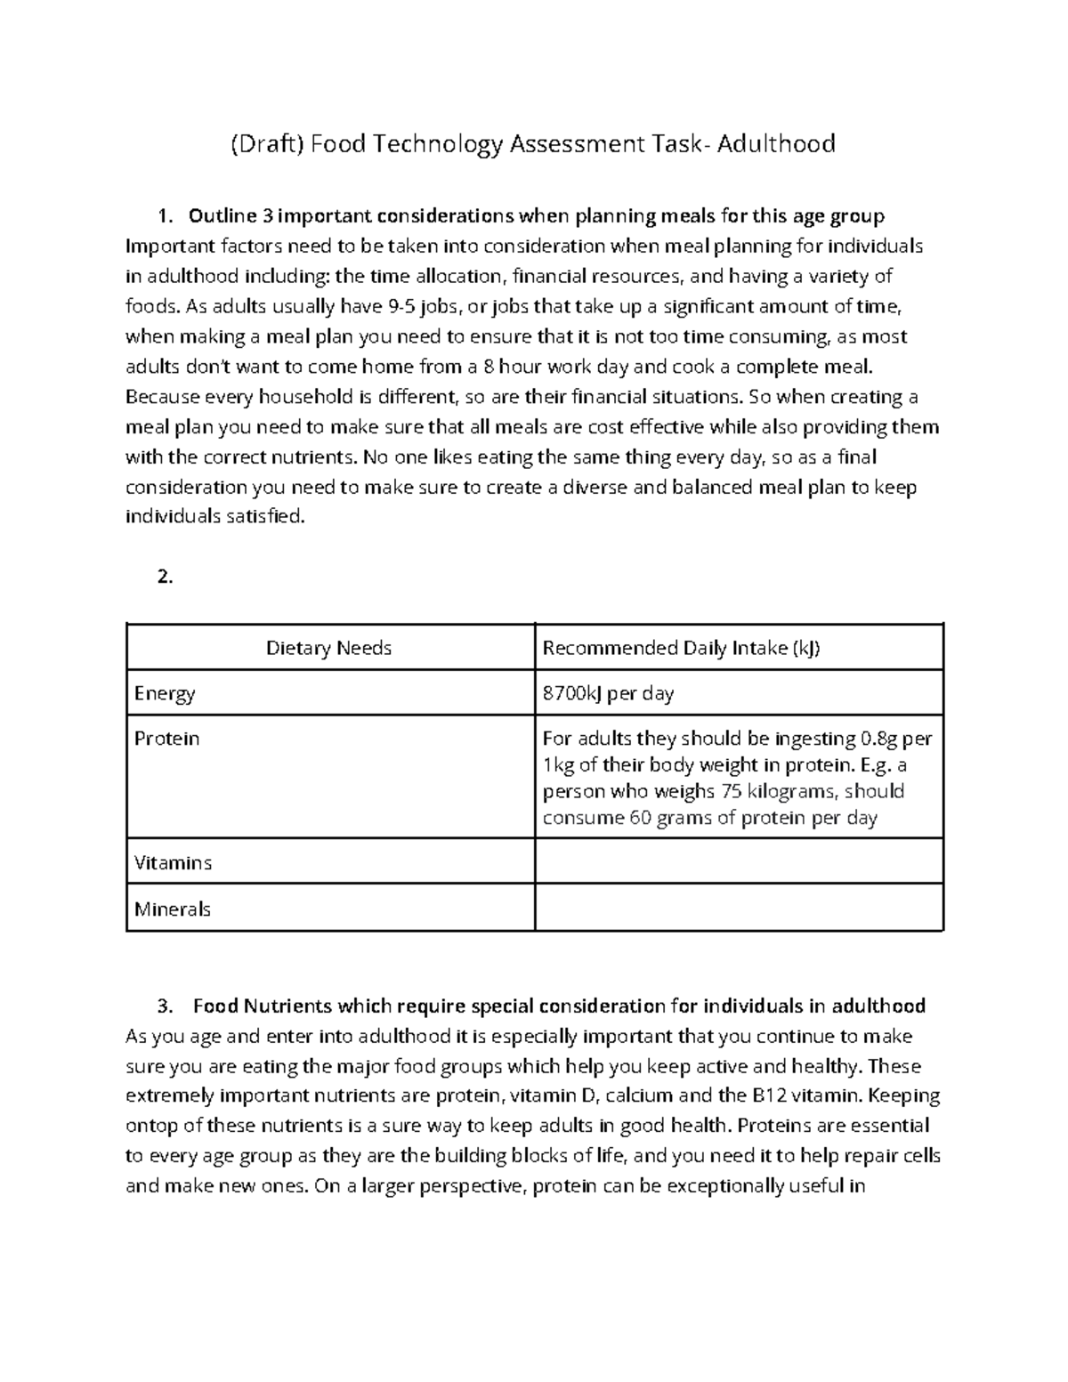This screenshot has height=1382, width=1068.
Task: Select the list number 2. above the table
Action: (165, 577)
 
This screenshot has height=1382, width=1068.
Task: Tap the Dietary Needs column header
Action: (328, 648)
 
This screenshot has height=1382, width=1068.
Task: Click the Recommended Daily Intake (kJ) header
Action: (681, 648)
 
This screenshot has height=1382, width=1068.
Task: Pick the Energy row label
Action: (165, 693)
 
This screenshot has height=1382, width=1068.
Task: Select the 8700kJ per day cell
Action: (608, 693)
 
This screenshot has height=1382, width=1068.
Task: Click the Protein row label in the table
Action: (166, 739)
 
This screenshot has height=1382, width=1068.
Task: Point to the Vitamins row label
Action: (173, 863)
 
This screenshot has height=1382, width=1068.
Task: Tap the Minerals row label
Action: (173, 909)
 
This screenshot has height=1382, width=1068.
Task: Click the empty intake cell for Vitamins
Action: (739, 861)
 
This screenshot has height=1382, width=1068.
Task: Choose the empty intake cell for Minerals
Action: (739, 908)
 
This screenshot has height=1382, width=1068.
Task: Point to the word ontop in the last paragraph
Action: (151, 1126)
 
